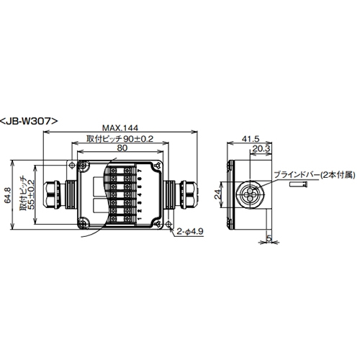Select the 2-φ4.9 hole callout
[x=189, y=231]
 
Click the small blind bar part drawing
[x=299, y=185]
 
